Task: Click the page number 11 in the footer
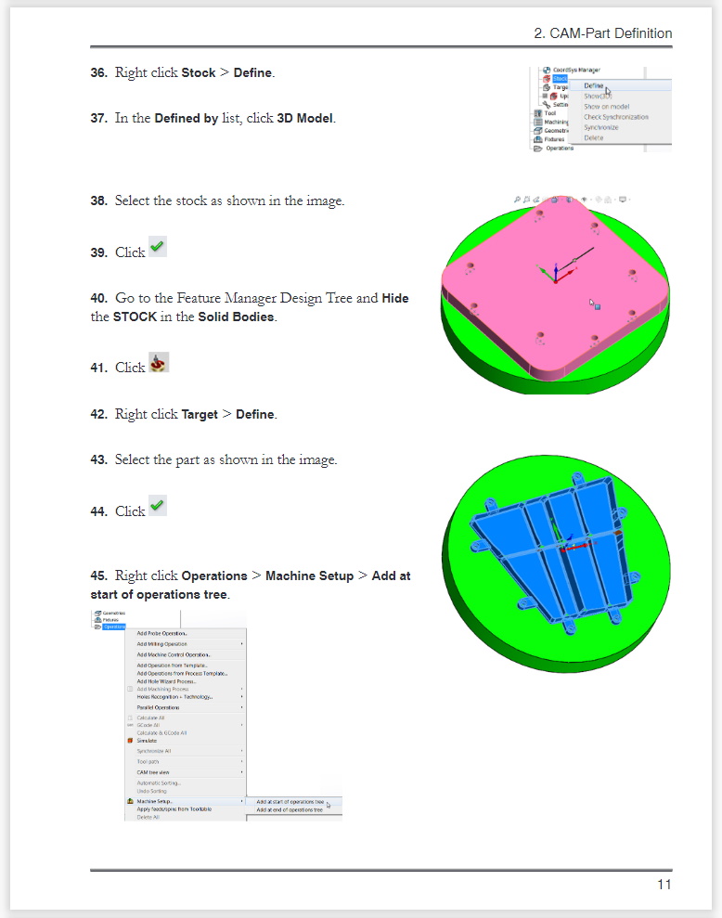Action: click(x=664, y=884)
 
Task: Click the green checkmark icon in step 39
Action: click(x=157, y=248)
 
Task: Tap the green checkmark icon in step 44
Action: click(x=157, y=506)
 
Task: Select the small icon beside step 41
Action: click(x=159, y=363)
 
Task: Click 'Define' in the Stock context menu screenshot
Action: click(x=594, y=85)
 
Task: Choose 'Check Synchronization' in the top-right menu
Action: click(x=615, y=117)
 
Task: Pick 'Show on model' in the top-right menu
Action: click(x=606, y=107)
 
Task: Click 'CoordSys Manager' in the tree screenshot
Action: click(x=575, y=70)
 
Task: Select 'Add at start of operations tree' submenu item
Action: click(x=290, y=801)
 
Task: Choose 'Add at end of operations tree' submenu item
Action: click(x=289, y=809)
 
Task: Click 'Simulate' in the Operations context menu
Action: click(x=147, y=741)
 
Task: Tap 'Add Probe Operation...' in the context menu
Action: click(x=161, y=633)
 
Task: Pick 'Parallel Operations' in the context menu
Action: click(x=158, y=707)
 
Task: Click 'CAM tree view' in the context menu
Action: click(x=152, y=772)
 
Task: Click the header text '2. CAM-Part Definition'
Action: click(x=603, y=33)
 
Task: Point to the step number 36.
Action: click(x=98, y=72)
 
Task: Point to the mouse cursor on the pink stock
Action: click(x=593, y=303)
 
